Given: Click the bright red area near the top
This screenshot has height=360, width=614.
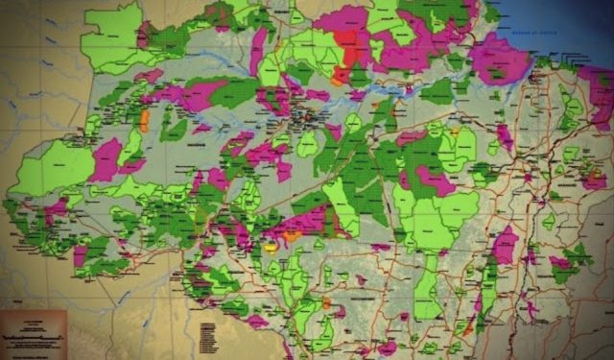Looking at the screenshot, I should click(x=351, y=48).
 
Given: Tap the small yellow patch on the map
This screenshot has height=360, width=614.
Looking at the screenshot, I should click(x=272, y=247).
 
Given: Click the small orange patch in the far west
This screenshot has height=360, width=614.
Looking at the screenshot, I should click(x=145, y=121).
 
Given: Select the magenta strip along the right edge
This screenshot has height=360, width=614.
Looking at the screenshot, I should click(x=601, y=96).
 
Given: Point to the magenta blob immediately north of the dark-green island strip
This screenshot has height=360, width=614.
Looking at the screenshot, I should click(x=505, y=245).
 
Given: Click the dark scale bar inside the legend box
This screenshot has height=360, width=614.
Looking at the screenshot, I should click(x=29, y=341).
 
